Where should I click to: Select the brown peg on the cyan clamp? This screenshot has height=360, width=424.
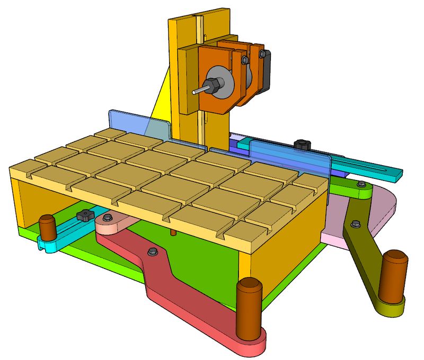pos(48,229)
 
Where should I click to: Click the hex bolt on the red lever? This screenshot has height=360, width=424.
pos(152,252)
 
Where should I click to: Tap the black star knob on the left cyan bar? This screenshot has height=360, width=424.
pos(83,215)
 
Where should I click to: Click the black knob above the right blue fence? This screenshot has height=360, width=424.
pos(303,144)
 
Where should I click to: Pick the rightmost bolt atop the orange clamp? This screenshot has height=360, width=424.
pos(261,54)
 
